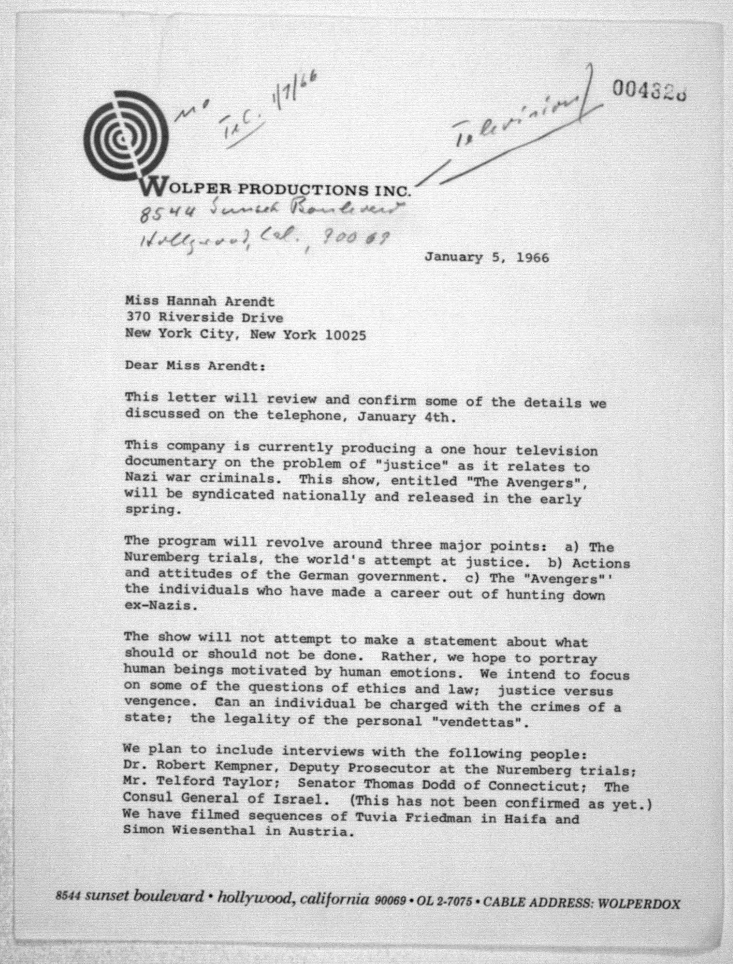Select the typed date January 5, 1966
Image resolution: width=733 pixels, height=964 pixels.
point(487,257)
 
